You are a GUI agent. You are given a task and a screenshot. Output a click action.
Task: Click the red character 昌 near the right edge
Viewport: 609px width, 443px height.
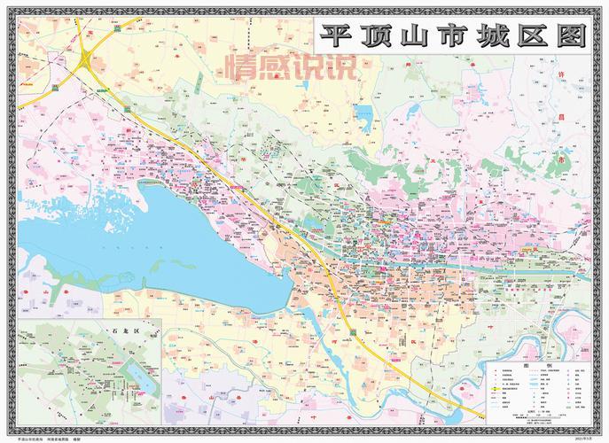point(559,118)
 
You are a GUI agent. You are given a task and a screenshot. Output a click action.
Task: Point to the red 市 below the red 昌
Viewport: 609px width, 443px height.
point(559,158)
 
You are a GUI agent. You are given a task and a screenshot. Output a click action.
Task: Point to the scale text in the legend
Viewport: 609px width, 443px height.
point(537,413)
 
